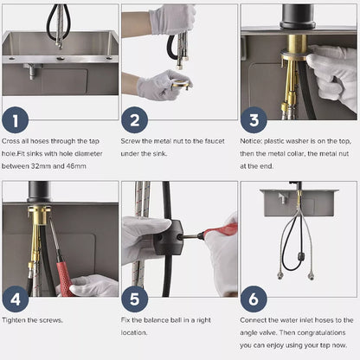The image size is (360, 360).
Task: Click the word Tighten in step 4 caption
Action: click(x=16, y=322)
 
